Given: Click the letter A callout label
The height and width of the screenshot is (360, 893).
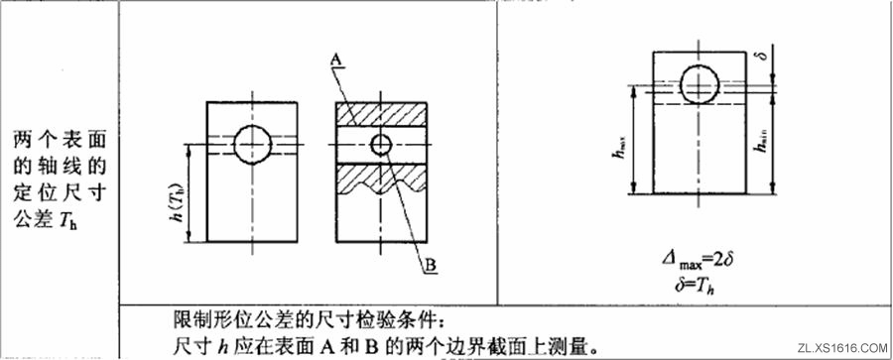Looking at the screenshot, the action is point(335,61).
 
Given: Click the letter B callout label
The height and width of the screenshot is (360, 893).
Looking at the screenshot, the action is point(432,266).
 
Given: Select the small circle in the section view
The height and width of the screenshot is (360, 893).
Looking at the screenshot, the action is point(381,145).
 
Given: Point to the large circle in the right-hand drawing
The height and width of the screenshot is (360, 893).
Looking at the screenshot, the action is point(700,81).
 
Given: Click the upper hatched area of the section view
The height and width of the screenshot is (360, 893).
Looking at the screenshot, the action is point(381,112).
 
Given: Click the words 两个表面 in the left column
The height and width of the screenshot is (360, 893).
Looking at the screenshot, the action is point(59,137).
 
